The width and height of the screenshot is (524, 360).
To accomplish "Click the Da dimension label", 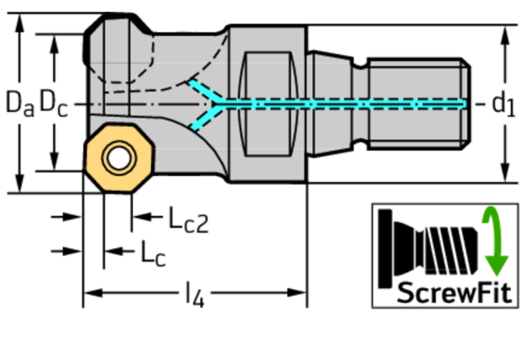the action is point(20,103).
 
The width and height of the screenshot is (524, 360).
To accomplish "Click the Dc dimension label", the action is point(53,103).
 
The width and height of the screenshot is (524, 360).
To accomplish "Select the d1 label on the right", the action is point(504,105).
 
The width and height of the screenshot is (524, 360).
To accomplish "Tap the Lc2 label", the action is point(188,220).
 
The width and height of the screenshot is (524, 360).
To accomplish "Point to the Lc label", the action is point(153,254).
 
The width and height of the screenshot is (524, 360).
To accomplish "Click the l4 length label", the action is point(195,294).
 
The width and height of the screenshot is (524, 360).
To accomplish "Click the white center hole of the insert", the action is point(119,158).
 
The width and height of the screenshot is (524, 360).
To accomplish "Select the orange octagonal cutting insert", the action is point(119,158).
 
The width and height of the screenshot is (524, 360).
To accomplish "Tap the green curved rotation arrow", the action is point(495,241).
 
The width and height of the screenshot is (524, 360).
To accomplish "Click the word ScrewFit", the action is point(454,293).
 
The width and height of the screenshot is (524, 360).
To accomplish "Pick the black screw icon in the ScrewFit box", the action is point(429,249).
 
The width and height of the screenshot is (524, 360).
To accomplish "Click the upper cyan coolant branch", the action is point(205,90).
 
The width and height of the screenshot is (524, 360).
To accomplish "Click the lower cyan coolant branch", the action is point(205,117).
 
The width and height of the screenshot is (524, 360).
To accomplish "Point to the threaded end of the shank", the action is point(419,104).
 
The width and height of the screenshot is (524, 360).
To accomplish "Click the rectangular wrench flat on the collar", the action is point(267,104).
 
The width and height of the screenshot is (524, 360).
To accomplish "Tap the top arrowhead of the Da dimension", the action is point(20,23).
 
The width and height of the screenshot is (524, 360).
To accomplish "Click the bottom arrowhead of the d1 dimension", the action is point(505,173).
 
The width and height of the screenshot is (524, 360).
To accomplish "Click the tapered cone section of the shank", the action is point(329,104).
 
